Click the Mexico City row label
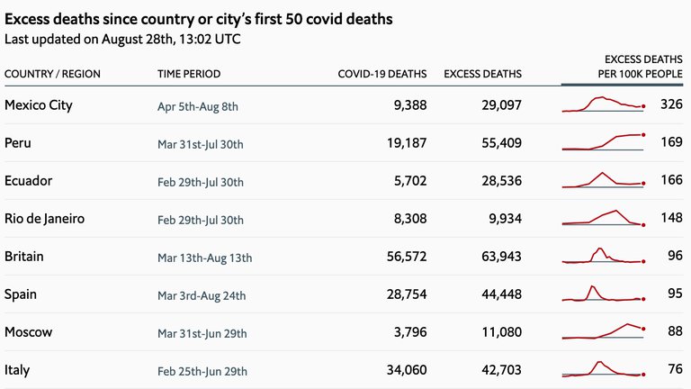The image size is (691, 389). [39, 105]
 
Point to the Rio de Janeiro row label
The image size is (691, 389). [45, 219]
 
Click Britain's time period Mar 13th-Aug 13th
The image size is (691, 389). [204, 258]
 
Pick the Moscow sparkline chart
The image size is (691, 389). [603, 331]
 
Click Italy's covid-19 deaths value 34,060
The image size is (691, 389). [405, 370]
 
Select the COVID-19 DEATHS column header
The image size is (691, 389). [382, 74]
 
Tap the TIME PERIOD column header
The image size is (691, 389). [189, 74]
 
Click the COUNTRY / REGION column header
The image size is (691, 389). [52, 74]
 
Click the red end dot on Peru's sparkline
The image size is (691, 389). [644, 134]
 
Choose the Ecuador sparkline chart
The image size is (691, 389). [603, 179]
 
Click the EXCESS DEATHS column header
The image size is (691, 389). [483, 74]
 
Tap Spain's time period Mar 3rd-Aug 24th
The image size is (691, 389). [202, 295]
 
